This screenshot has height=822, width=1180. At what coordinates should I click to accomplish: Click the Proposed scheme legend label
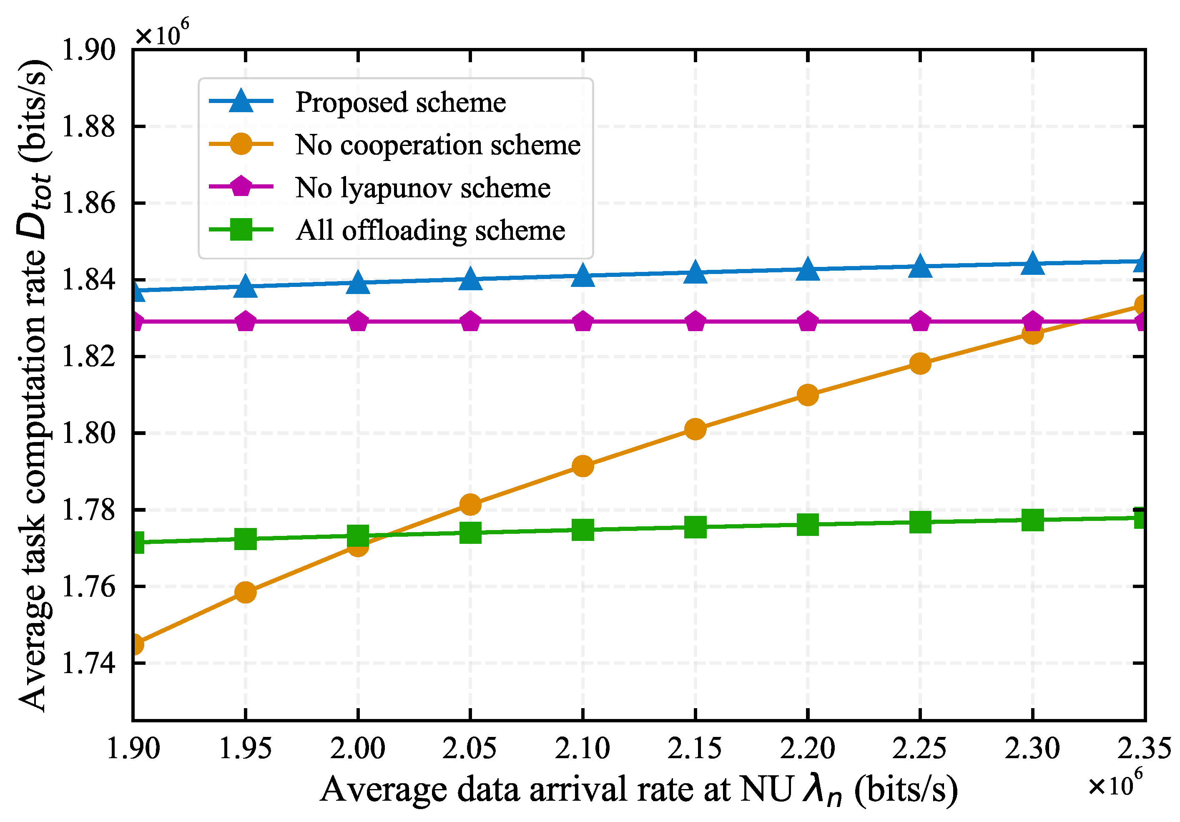tap(400, 102)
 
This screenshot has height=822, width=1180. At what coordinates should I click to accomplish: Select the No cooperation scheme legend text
tap(437, 145)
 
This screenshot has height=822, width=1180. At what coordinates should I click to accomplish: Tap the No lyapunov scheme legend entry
tap(422, 188)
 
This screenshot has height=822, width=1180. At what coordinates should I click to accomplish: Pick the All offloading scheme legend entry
tap(430, 230)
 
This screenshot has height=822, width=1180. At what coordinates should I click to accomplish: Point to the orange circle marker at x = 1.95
tap(246, 592)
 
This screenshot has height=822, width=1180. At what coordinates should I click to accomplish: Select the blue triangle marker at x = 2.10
tap(583, 276)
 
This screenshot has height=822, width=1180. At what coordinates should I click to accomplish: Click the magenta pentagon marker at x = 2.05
tap(470, 322)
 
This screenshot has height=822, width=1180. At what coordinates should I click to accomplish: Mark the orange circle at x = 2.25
tap(920, 363)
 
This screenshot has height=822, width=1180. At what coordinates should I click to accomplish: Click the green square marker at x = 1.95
tap(246, 539)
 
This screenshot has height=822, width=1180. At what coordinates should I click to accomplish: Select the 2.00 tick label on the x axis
tap(358, 749)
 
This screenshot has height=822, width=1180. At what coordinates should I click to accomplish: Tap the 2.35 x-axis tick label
tap(1144, 749)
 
